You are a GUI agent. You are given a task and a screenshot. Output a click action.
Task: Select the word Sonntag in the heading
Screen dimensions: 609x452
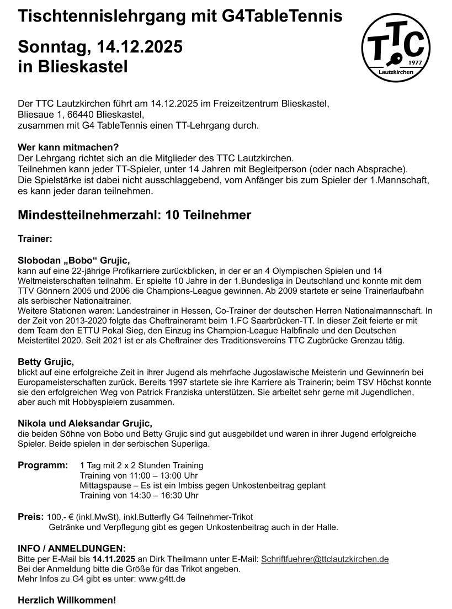(49, 47)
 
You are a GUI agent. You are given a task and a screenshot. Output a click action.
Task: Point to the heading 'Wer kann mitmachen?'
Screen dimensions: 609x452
(68, 147)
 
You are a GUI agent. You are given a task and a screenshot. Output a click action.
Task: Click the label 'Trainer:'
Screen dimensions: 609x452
(35, 239)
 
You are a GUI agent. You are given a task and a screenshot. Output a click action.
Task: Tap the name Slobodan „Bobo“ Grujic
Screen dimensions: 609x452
(74, 260)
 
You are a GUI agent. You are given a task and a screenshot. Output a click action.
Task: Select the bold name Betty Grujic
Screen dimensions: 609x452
(46, 362)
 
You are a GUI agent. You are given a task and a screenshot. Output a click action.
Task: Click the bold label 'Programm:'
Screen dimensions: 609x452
(43, 465)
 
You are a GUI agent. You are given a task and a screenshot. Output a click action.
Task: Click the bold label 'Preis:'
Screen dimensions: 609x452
(30, 517)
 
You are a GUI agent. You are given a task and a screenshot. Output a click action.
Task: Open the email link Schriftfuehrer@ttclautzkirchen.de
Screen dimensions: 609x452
(325, 559)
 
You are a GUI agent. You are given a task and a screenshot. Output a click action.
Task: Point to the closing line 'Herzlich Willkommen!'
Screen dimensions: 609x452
(67, 600)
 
